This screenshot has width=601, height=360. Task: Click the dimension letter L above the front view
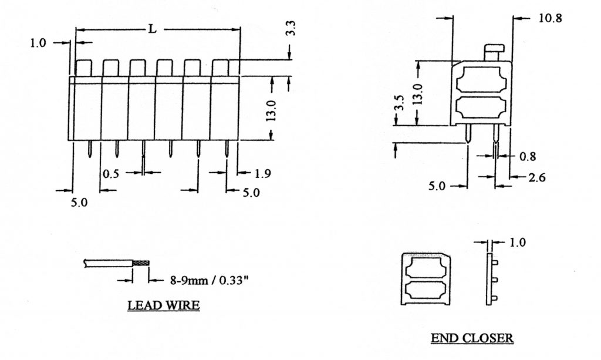[152, 29]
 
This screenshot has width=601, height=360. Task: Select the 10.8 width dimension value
[549, 18]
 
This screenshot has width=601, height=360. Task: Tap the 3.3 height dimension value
[292, 31]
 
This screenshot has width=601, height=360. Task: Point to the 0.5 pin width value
[110, 174]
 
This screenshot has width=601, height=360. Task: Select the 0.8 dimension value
[528, 156]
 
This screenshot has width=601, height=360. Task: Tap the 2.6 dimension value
[534, 177]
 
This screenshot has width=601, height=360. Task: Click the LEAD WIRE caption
[164, 306]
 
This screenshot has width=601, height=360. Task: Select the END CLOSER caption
[472, 338]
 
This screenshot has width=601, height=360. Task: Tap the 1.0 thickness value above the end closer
[518, 242]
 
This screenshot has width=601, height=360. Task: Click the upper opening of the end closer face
[427, 268]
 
